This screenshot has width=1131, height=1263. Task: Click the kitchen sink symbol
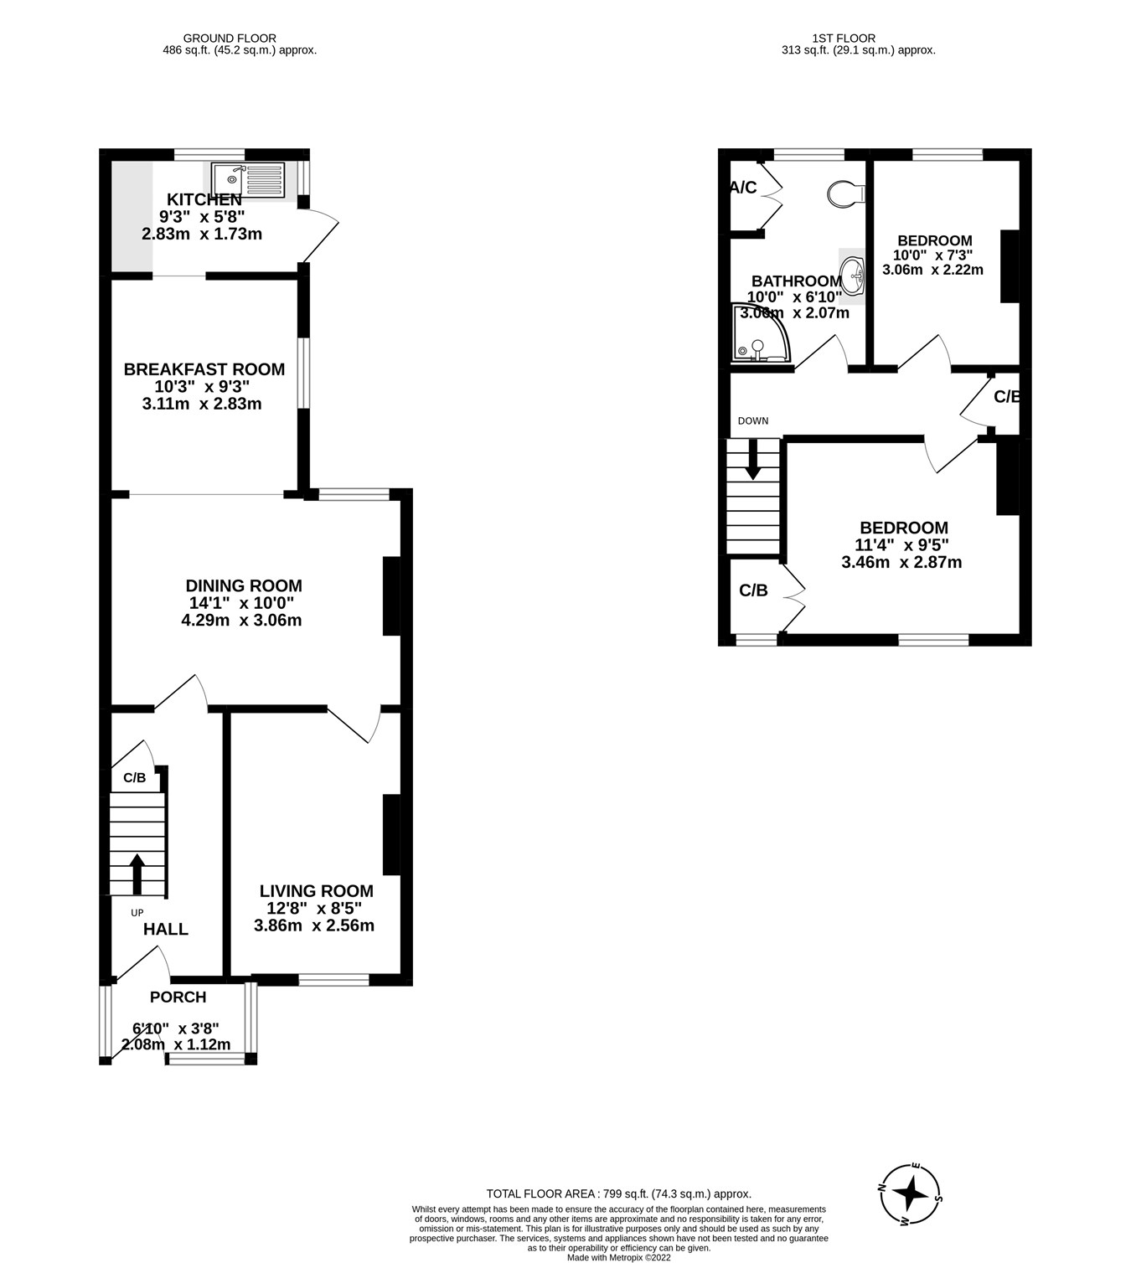248,180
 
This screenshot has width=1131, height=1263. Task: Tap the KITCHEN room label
204,200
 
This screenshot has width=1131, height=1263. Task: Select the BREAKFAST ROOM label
204,369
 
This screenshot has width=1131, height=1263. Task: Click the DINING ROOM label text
243,586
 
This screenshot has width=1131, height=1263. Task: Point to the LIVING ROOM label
316,891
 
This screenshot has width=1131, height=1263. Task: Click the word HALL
166,929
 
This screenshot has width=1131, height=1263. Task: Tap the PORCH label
178,997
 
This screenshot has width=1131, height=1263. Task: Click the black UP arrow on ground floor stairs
137,873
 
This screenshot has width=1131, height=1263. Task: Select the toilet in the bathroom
844,194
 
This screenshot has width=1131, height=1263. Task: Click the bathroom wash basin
853,273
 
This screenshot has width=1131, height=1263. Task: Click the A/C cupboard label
743,188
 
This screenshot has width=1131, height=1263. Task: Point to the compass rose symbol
911,1193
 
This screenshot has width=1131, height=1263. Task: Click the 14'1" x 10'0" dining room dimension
241,603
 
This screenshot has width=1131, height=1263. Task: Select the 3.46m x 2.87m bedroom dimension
901,562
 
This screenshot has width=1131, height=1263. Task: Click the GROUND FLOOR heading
230,38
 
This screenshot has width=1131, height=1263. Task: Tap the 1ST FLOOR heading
844,38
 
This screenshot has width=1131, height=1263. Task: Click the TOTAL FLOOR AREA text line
618,1194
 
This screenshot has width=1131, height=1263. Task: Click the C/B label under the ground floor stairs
134,778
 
